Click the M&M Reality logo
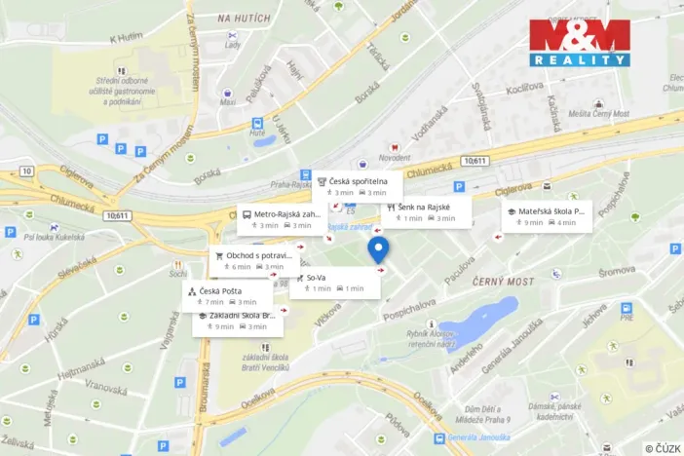click(x=580, y=42)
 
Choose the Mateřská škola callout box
click(x=547, y=216)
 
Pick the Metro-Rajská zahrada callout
click(x=282, y=219)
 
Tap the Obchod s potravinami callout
click(x=252, y=261)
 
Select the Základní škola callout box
click(x=238, y=321)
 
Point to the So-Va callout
click(x=334, y=283)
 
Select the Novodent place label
click(x=395, y=157)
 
